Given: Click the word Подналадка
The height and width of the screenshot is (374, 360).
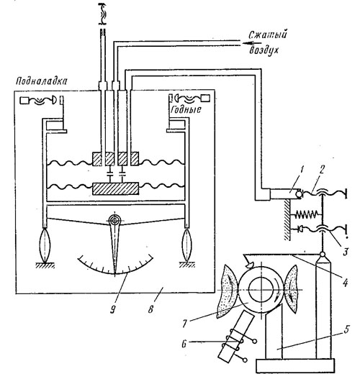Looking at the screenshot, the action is [42, 81].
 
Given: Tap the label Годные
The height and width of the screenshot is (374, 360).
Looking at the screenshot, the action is [186, 109].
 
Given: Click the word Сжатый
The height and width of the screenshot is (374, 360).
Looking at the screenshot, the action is [268, 35].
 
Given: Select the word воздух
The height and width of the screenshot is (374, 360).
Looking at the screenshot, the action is [264, 50].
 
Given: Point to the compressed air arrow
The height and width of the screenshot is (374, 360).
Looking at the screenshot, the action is [251, 43].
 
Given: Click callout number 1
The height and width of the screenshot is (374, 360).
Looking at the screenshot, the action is [302, 171].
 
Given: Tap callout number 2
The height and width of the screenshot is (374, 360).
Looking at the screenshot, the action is [322, 170].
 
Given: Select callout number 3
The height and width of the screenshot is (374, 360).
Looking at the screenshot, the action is [345, 252].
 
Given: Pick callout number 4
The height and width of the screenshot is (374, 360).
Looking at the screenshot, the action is [345, 283].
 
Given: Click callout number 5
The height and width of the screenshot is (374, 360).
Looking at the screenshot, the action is [346, 330].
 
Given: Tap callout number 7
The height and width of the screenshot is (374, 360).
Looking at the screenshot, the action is [184, 324].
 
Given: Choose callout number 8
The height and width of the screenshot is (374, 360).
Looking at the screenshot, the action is [150, 309].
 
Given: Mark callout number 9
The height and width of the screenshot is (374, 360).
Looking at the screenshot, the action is [112, 309].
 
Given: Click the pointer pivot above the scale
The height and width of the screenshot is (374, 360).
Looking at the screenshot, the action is [115, 220].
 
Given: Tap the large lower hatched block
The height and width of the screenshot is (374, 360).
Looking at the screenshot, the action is [115, 188].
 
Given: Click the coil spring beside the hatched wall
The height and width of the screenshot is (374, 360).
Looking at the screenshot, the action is [306, 214].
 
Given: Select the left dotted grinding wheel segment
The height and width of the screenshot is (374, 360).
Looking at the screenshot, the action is [227, 291].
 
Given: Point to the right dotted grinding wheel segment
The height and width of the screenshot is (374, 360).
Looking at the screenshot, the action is [292, 289].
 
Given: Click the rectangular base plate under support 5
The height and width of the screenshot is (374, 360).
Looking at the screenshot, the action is [295, 365].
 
